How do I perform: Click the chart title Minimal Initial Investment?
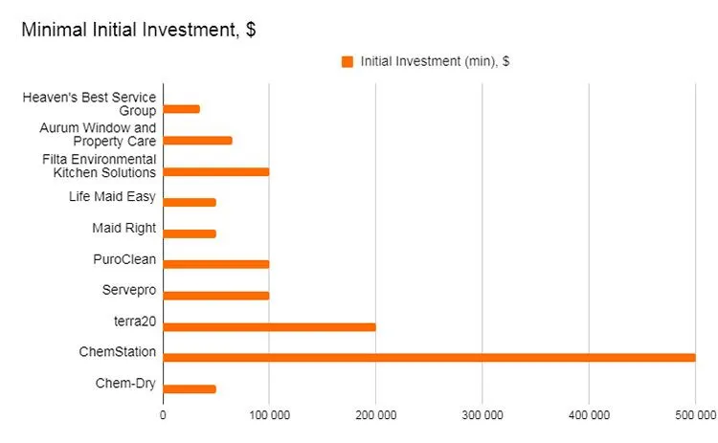138,30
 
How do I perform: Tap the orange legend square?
348,61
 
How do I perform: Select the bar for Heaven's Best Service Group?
181,109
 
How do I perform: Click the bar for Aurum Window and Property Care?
197,140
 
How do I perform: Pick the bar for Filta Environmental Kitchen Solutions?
215,171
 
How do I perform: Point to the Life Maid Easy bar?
189,202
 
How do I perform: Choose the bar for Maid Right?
189,233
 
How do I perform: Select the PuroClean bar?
215,264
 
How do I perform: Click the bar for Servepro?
215,296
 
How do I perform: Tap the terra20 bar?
269,326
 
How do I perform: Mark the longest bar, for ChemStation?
429,358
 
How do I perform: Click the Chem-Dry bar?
189,388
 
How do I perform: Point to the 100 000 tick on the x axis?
269,415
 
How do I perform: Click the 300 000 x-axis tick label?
482,415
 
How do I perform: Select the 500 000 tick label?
694,415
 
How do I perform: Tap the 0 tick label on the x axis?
163,415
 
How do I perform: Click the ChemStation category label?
117,352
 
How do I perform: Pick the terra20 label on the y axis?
134,321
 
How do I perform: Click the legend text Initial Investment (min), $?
435,61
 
